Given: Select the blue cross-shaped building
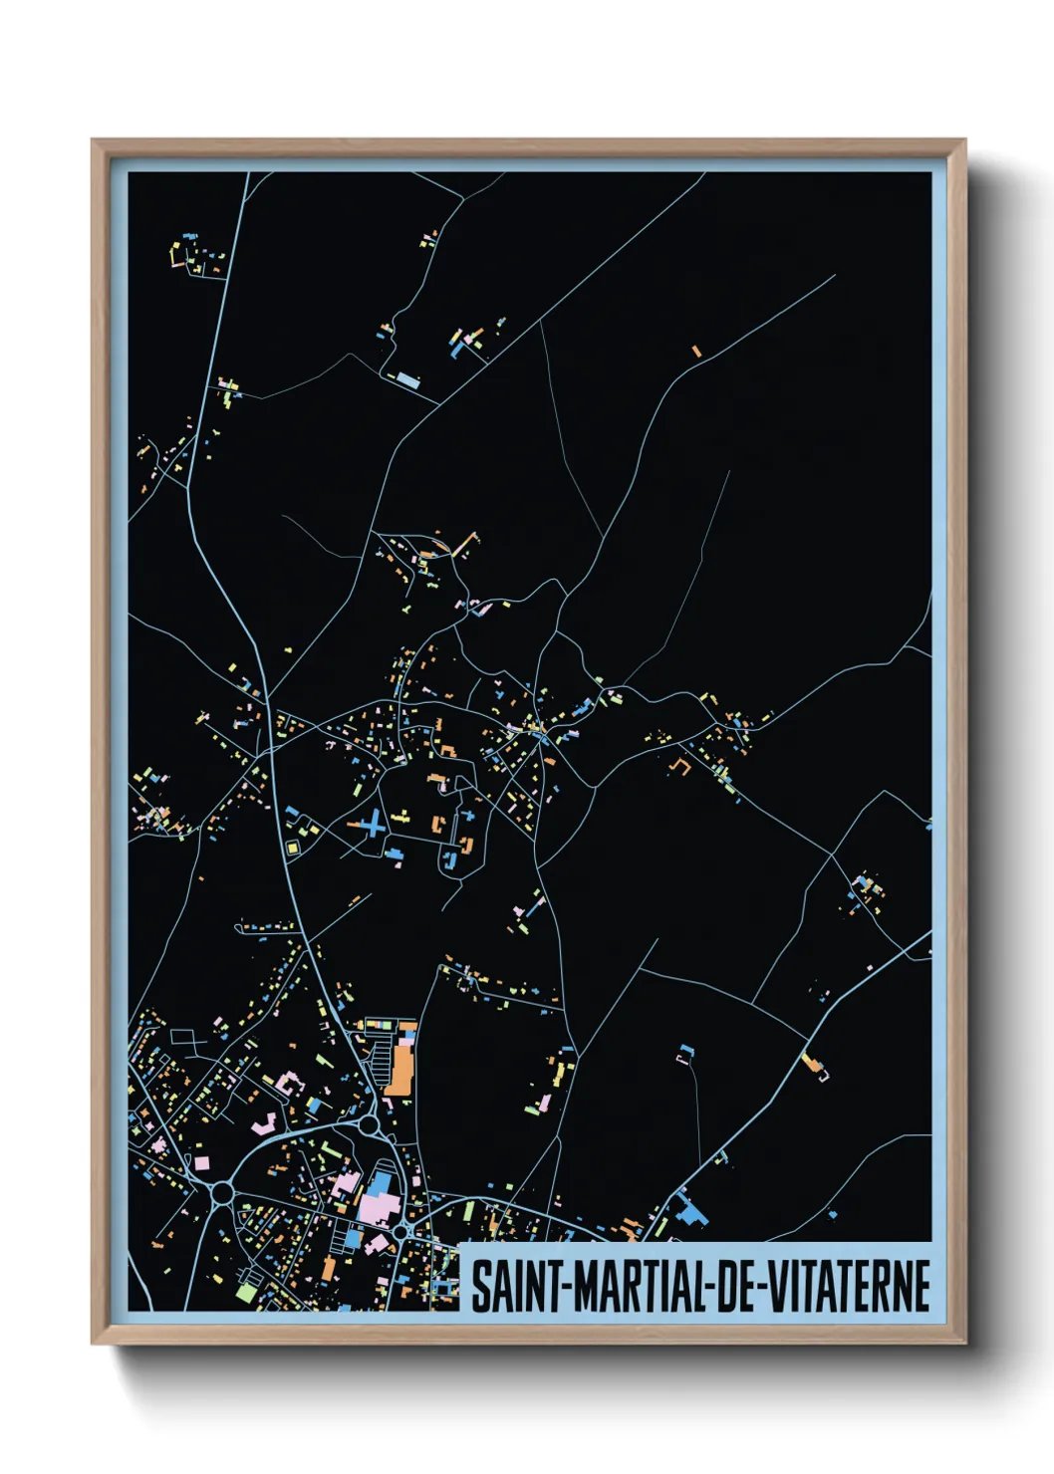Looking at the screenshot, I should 373,824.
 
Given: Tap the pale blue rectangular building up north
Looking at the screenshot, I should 407,379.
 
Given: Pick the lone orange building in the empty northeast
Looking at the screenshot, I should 696,351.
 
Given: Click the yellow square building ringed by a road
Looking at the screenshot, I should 293,847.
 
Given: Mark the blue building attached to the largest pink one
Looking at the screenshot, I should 380,1184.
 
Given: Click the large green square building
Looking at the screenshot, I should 245,1292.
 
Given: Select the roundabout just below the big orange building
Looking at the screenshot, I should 370,1125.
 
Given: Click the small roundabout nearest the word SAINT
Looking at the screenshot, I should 400,1232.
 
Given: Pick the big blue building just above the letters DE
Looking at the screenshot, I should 690,1213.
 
